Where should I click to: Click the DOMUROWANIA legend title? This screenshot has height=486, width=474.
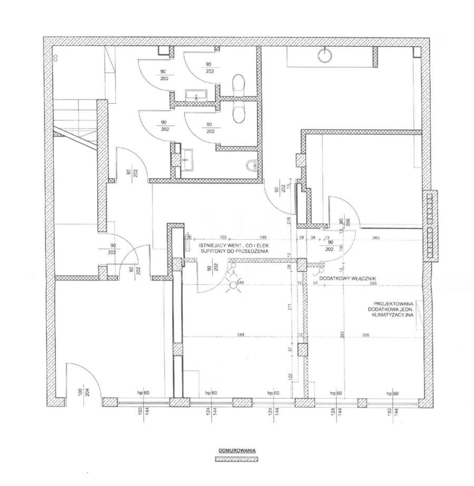[236, 451]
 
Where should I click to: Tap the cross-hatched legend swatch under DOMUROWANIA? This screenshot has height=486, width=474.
[236, 459]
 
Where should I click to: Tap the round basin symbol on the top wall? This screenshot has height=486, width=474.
[325, 55]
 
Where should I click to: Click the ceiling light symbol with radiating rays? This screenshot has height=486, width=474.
[231, 286]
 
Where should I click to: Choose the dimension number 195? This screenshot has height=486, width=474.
[263, 237]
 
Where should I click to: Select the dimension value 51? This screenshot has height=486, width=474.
[315, 284]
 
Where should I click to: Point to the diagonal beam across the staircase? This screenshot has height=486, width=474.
[76, 140]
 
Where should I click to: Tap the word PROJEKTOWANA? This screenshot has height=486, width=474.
[393, 303]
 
